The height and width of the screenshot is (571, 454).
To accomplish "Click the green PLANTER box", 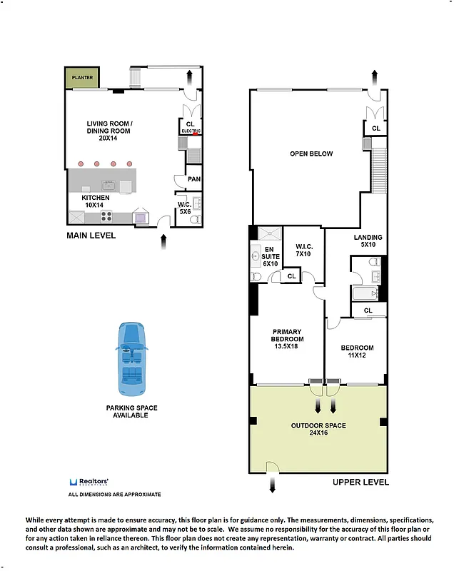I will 82,76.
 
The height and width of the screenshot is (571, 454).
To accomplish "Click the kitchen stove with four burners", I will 106,216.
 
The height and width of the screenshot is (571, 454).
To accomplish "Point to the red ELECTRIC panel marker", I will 196,132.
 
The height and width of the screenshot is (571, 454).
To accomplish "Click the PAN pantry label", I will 193,179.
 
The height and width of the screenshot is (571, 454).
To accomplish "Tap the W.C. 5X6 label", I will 185,208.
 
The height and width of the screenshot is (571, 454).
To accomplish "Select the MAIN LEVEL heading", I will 91,236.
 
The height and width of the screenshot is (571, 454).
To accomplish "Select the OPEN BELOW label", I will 311,153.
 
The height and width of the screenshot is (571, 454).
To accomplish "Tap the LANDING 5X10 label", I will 368,241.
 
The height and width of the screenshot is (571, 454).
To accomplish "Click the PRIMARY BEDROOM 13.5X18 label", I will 286,339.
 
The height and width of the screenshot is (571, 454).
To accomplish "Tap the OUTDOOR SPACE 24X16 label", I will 318,429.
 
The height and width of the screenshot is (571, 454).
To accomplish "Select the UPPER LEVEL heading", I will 360,482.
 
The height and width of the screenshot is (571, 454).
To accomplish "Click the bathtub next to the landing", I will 364,293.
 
